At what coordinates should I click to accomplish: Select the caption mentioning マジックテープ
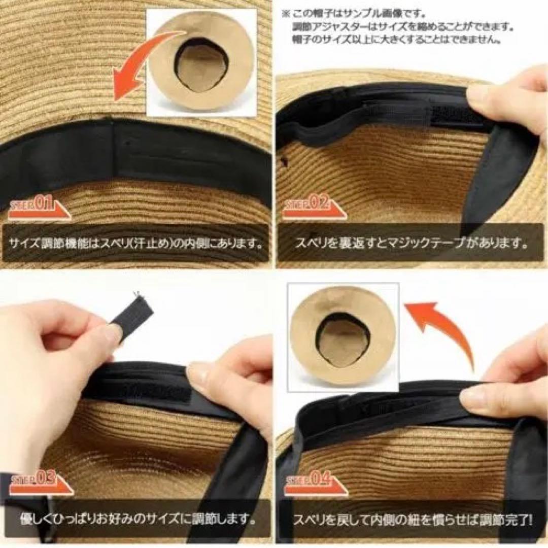411,243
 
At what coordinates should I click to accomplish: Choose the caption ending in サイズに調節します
137,519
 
